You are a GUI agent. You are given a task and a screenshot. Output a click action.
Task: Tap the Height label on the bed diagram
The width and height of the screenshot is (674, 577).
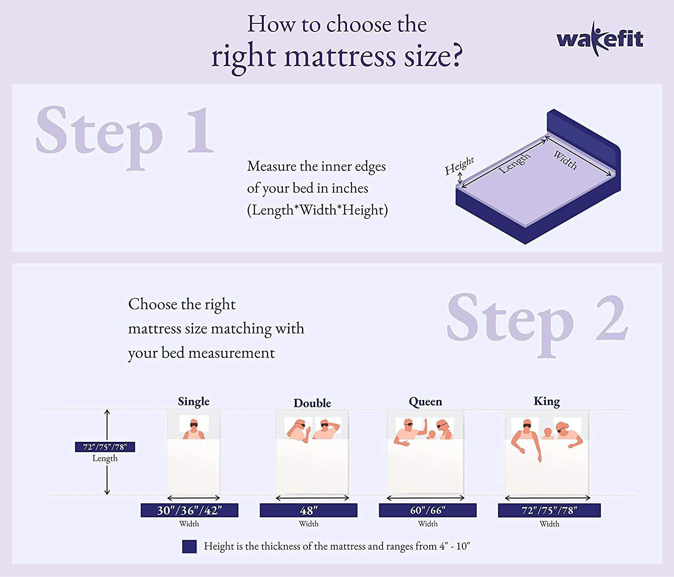coord(459,166)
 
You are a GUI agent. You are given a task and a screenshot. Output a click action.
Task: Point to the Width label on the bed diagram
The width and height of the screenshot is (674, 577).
coord(565,160)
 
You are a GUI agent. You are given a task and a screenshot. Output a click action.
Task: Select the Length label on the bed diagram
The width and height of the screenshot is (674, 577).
coord(515,163)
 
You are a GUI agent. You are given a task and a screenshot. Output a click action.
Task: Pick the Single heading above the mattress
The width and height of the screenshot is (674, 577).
coord(194,401)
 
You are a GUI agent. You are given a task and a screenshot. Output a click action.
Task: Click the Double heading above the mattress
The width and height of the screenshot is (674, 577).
coord(312,403)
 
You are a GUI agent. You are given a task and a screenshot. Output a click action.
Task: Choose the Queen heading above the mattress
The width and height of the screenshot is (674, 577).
coord(425,401)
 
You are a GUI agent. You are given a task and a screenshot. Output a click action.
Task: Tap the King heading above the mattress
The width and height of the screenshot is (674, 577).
coord(546,401)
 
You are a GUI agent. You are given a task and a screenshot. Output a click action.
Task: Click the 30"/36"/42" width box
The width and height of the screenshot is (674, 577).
coord(189,510)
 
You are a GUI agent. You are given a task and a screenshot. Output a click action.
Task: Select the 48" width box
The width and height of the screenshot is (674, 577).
coord(308,510)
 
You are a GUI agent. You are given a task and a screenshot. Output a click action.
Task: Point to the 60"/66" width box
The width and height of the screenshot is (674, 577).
coord(427,510)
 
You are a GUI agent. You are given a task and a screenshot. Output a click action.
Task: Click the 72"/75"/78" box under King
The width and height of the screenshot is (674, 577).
coord(549,510)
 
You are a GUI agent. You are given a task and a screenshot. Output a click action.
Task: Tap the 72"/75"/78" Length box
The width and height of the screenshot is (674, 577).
coord(105,447)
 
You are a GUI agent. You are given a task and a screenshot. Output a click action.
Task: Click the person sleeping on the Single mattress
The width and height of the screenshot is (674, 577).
coord(194,430)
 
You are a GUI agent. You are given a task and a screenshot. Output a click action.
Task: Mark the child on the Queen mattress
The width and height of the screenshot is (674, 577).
coord(431,435)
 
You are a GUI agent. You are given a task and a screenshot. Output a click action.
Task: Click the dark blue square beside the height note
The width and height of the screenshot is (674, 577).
coord(189,546)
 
